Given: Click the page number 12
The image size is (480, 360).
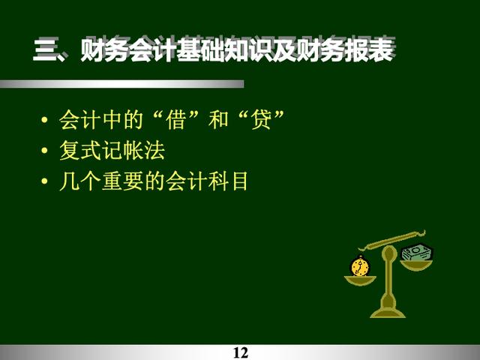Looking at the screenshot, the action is click(241, 352).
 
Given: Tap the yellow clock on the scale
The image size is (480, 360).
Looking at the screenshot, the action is click(360, 266).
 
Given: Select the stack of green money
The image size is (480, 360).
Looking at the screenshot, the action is click(417, 253).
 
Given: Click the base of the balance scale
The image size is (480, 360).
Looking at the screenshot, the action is click(388, 310).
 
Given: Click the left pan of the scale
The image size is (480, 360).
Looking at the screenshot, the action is click(360, 280).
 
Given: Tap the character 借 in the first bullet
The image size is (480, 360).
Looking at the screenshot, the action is click(175, 119).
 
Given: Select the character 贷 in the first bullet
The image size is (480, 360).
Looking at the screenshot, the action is click(261, 119).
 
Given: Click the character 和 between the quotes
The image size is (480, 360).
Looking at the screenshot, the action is click(218, 119).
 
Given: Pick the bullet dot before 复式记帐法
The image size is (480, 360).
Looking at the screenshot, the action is click(44, 150).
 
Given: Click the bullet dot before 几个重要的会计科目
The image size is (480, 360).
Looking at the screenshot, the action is click(44, 181).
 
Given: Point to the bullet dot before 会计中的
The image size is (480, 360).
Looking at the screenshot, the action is click(44, 119).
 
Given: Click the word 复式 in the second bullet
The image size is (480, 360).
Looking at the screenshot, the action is click(80, 150).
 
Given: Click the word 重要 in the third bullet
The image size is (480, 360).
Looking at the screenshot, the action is click(123, 181).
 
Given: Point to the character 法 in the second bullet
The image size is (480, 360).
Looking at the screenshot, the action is click(155, 150).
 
